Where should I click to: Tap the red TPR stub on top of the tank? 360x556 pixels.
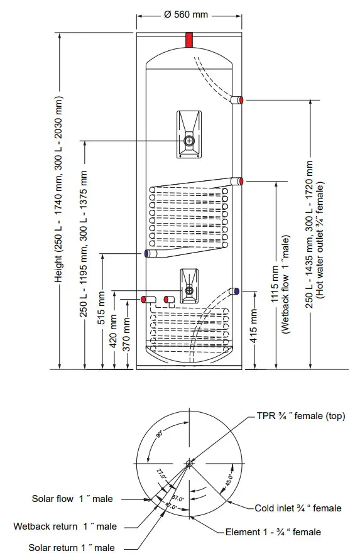coord(189,40)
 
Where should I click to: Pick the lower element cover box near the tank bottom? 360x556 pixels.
coord(189,286)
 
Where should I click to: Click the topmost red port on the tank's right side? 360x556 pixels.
coord(240,100)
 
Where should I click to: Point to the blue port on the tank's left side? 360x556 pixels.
coord(147,254)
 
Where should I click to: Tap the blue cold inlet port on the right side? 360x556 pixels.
coord(236,291)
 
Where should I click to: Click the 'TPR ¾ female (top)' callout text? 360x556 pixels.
coord(300,416)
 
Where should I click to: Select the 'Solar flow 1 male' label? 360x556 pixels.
coord(72,499)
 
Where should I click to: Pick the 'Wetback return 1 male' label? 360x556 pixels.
coord(65,526)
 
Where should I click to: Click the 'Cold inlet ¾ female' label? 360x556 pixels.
coord(298,508)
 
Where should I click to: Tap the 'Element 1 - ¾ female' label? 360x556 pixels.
coord(273,532)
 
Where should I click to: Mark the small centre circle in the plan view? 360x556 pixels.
coord(190,464)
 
